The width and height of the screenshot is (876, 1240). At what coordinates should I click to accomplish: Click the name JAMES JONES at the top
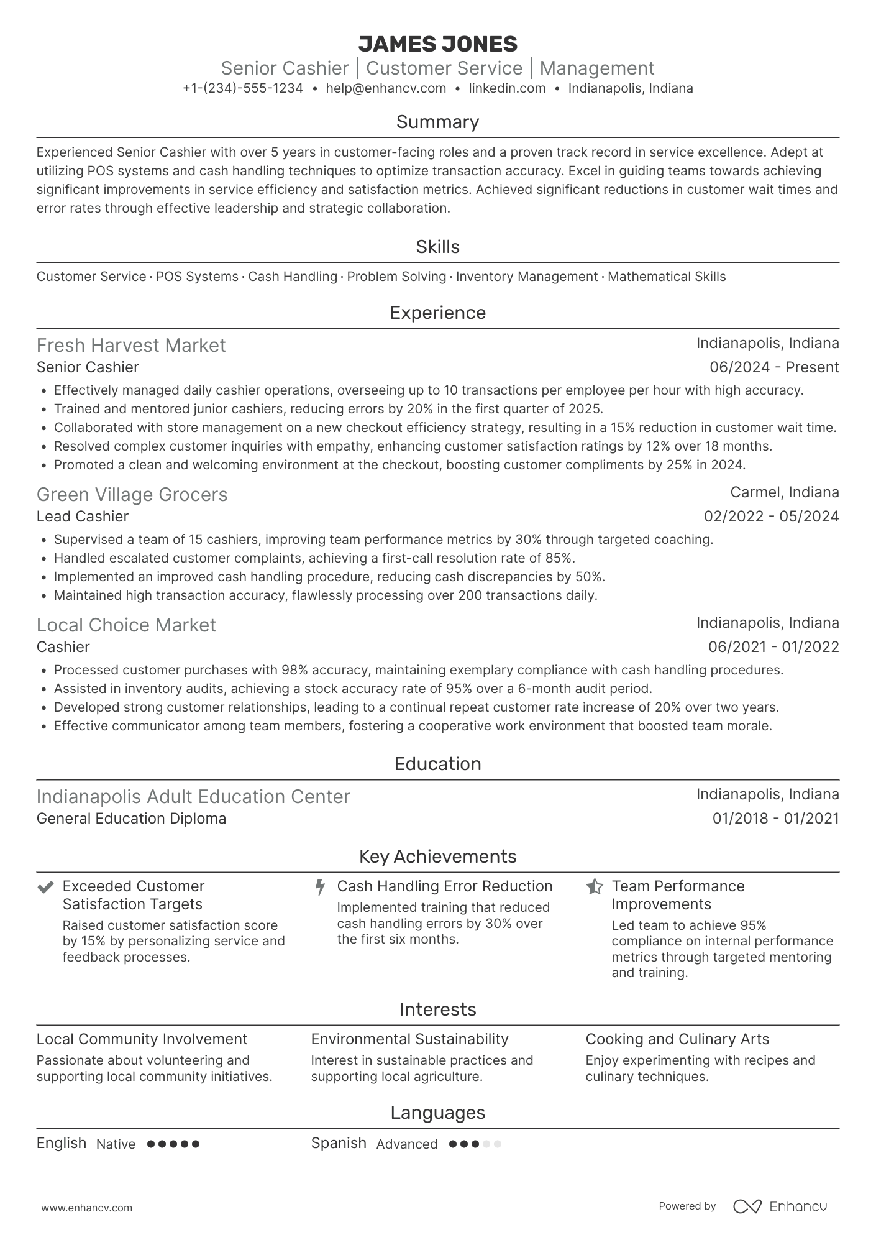coord(437,44)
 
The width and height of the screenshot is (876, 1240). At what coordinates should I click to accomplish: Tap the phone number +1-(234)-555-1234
coord(243,88)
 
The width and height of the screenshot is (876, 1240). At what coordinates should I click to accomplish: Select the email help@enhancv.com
coord(386,88)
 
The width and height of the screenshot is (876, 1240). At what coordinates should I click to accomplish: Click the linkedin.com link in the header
coord(507,88)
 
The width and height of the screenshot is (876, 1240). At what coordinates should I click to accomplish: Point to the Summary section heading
coord(437,122)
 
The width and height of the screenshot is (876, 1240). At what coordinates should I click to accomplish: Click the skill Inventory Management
coord(527,277)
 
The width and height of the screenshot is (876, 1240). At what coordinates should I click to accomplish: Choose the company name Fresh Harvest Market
coord(131,346)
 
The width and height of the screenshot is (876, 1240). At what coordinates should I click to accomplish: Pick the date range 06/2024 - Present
coord(774,367)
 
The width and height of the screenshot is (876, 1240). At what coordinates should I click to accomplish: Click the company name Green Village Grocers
coord(132,495)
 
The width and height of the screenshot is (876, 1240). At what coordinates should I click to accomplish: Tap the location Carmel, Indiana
coord(784,492)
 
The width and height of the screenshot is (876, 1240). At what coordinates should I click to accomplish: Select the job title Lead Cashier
coord(83,517)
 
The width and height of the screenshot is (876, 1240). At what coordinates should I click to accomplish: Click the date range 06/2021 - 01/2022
coord(773,647)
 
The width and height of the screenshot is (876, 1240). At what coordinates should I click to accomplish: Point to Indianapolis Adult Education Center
coord(193,797)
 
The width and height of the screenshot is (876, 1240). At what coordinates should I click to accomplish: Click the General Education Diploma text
coord(131,819)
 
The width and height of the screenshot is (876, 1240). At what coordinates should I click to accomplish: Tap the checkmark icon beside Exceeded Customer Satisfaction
coord(45,887)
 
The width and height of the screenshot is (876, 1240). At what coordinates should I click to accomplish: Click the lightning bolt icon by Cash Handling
coord(320,887)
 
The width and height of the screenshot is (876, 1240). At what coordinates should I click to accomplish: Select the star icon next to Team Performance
coord(595,887)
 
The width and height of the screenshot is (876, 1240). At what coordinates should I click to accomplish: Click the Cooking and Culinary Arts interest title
coord(677,1039)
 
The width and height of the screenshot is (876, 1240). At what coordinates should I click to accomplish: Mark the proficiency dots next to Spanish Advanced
coord(475,1144)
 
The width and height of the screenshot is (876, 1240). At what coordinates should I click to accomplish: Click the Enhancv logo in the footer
coord(780,1206)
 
